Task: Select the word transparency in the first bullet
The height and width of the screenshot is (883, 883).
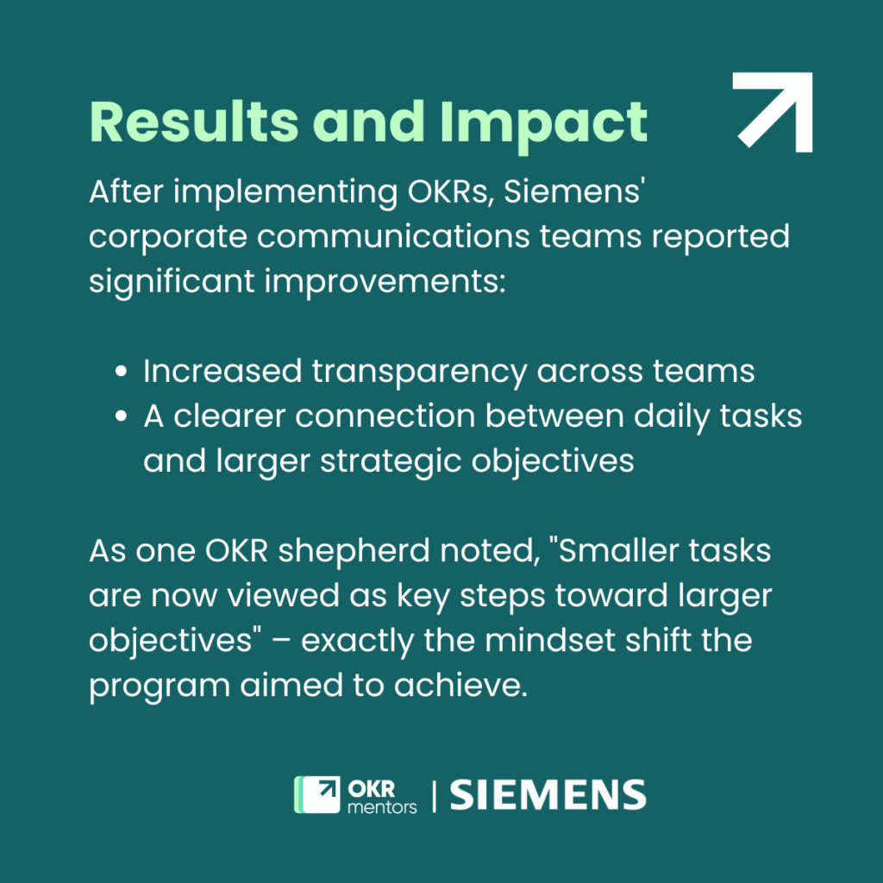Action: click(x=418, y=372)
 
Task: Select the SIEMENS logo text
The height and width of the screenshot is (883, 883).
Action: click(x=548, y=794)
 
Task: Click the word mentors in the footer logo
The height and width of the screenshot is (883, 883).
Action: click(x=381, y=807)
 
